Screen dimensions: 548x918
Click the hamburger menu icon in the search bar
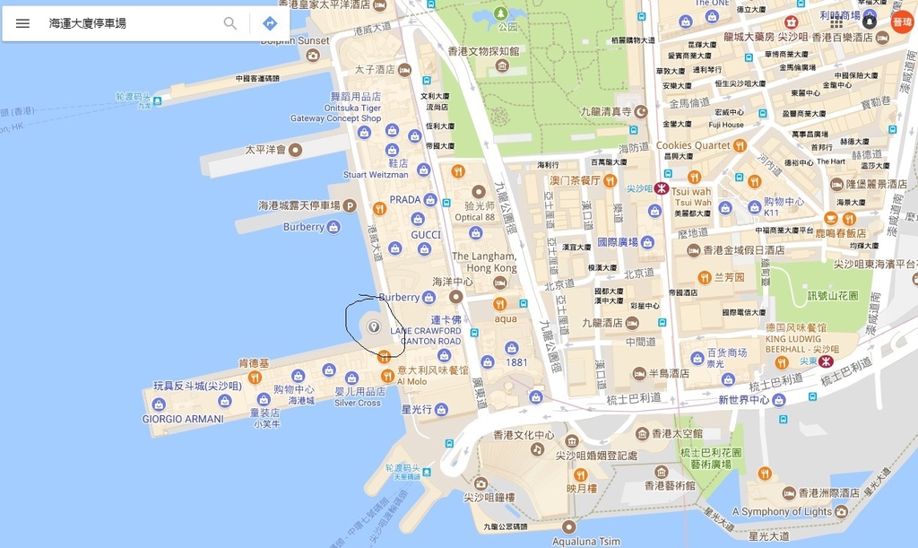coord(22,23)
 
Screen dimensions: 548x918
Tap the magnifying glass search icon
coord(230,23)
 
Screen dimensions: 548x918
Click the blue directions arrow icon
coord(270,23)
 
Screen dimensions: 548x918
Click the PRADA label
coord(404,199)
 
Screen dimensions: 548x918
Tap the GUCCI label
coord(426,235)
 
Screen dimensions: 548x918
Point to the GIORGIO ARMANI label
coord(183,419)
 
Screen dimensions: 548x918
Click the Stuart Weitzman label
coord(376,175)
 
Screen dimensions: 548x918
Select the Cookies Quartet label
coord(693,145)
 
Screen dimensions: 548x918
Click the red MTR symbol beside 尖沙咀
coord(662,189)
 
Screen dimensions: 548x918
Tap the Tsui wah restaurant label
coord(690,192)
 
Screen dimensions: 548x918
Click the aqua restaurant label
coord(506,318)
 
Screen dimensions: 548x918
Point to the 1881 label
coord(517,362)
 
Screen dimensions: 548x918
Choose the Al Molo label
coord(412,381)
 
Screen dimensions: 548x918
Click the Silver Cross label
coord(357,403)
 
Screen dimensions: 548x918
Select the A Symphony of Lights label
coord(782,511)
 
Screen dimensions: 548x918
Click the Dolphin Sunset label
coord(297,40)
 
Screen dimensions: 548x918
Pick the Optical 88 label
coord(474,217)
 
